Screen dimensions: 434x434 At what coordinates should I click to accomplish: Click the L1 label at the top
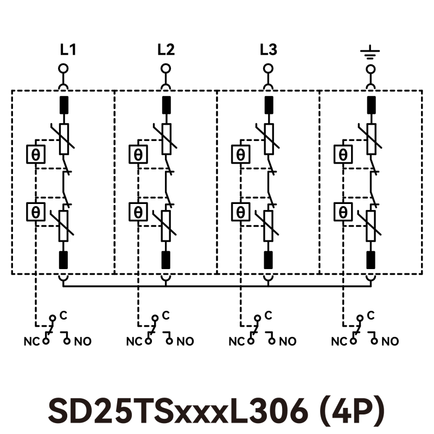click(x=68, y=50)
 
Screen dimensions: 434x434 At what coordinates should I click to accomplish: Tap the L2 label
click(x=166, y=50)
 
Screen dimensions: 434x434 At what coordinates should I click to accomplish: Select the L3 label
click(x=268, y=50)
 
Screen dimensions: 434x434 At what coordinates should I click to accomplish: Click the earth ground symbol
click(x=370, y=54)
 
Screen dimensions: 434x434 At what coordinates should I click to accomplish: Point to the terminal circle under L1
click(x=63, y=69)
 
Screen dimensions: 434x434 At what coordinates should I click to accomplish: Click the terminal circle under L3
click(x=268, y=69)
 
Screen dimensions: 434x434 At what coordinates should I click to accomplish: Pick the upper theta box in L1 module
click(x=36, y=155)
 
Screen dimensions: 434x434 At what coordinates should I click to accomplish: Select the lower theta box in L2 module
click(x=138, y=212)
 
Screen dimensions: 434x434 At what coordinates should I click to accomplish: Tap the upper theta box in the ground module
click(x=343, y=155)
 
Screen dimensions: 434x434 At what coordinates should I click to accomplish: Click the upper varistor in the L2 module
click(x=166, y=138)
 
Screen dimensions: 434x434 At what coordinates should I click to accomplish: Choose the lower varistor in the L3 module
click(x=268, y=226)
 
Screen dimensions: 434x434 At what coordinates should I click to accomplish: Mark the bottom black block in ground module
click(x=371, y=260)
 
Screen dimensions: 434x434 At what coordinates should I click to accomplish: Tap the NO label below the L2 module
click(x=186, y=342)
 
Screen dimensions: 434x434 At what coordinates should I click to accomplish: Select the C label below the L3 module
click(x=268, y=315)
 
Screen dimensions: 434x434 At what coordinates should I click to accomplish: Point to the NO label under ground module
click(x=390, y=342)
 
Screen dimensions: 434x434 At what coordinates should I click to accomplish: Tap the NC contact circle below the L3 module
click(x=250, y=341)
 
